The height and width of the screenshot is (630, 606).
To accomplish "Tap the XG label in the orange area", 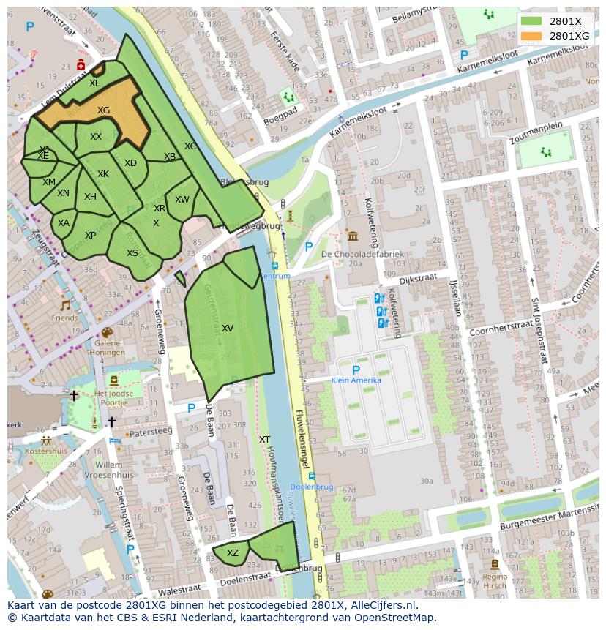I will click(103, 110).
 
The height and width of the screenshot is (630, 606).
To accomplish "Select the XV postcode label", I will click(227, 329).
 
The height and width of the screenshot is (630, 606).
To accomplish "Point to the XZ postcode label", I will click(232, 553).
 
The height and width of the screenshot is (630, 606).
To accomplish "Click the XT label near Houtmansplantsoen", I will click(264, 440).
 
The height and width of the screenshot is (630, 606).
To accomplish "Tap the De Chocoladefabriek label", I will click(362, 254).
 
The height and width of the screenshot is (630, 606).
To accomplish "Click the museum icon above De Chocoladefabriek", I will click(353, 236).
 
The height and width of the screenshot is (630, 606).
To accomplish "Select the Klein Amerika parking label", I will click(356, 380).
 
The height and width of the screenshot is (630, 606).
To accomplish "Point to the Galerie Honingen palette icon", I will click(107, 332).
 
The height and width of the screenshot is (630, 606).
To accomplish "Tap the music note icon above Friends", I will click(65, 306).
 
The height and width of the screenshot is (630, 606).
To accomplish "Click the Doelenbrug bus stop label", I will click(312, 487).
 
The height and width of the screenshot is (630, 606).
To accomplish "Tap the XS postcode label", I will click(132, 253).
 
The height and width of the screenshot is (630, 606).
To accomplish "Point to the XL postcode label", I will click(94, 83).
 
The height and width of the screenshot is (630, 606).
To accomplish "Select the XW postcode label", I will click(182, 200).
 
